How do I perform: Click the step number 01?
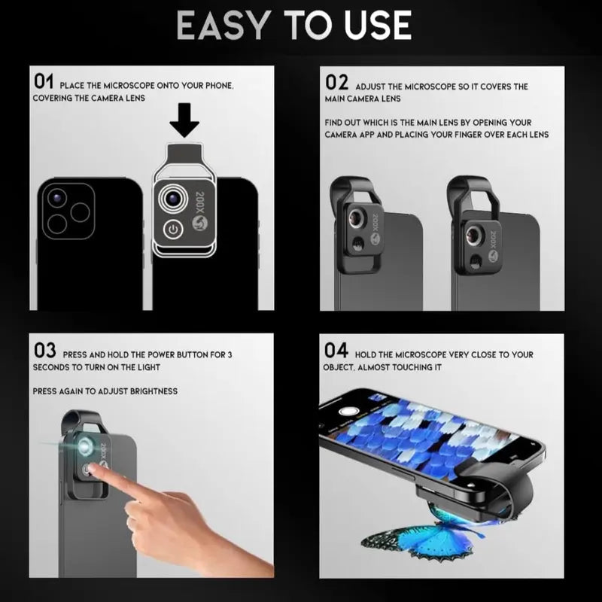[44, 81]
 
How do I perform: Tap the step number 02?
[336, 82]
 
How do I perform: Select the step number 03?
[44, 350]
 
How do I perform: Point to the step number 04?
[336, 350]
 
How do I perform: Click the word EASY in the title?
[223, 26]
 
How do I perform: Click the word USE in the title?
[378, 26]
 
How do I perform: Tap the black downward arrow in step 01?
[184, 120]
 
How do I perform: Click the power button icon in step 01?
[174, 230]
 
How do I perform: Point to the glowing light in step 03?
[84, 445]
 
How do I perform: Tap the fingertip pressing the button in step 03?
[93, 470]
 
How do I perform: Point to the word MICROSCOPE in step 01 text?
[128, 86]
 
